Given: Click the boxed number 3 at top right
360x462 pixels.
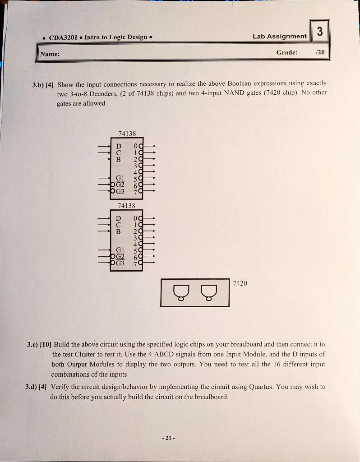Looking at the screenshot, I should coord(319,32).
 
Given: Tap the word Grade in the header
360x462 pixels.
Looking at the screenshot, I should coord(286,52).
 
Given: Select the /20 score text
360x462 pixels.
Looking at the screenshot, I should coord(319,52).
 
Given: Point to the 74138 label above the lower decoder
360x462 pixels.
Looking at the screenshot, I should coord(127,205).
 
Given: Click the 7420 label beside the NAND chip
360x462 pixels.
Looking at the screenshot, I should coord(240,283).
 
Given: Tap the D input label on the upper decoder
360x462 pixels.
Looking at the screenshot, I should coord(119,146).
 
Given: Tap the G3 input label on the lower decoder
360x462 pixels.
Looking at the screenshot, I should coord(120,263).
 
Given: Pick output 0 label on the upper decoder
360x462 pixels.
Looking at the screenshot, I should coord(136,146).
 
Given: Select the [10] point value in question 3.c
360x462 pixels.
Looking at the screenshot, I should coord(46,344).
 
